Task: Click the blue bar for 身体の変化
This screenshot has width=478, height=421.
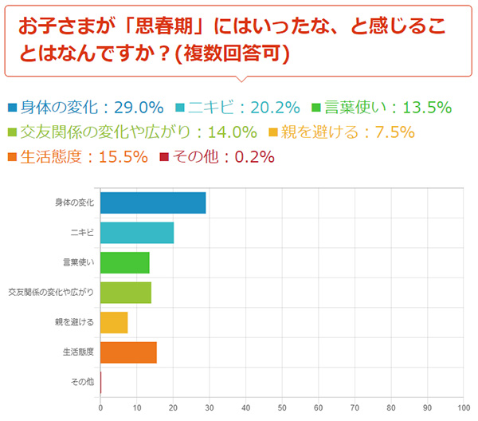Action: pos(153,203)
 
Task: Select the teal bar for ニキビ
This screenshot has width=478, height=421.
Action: pos(137,232)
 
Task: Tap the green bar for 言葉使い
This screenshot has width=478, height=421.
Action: pos(125,262)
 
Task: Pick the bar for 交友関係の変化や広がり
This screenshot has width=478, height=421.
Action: pos(126,293)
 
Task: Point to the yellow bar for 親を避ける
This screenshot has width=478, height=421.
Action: pos(114,322)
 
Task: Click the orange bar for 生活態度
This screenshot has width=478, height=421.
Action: pos(128,352)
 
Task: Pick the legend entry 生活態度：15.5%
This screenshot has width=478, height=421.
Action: pos(78,157)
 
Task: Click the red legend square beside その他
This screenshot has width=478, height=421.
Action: pos(165,157)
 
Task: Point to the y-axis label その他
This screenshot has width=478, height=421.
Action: pos(84,382)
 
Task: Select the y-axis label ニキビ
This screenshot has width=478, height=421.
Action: pos(83,232)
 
